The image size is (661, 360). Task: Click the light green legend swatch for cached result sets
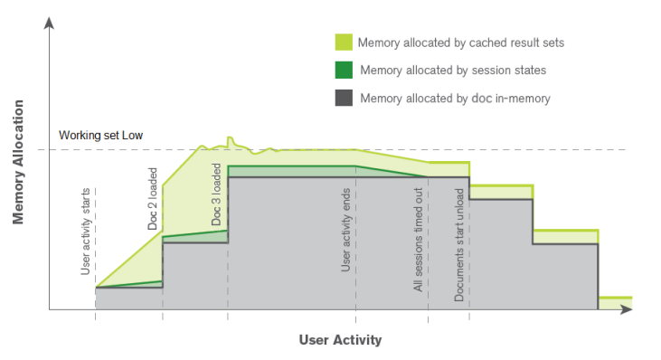click(344, 43)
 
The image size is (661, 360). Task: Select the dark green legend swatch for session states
click(344, 70)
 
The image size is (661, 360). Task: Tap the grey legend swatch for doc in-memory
click(344, 97)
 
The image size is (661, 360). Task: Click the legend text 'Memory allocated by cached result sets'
click(461, 43)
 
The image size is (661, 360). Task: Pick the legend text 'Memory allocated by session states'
click(452, 70)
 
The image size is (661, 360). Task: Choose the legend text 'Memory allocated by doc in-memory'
click(455, 98)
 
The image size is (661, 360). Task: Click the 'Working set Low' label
click(101, 136)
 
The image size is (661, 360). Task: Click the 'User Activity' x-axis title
click(340, 340)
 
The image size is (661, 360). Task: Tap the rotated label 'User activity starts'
click(85, 238)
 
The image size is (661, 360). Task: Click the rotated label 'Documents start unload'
click(459, 244)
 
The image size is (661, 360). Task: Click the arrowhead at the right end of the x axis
click(627, 309)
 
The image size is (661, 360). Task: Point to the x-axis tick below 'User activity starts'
click(95, 316)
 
